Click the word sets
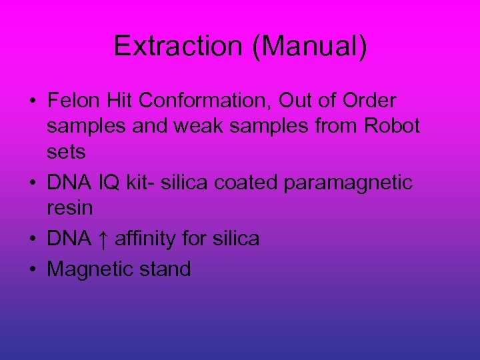click(66, 151)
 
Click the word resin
click(70, 207)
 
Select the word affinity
click(151, 238)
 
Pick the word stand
click(166, 269)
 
